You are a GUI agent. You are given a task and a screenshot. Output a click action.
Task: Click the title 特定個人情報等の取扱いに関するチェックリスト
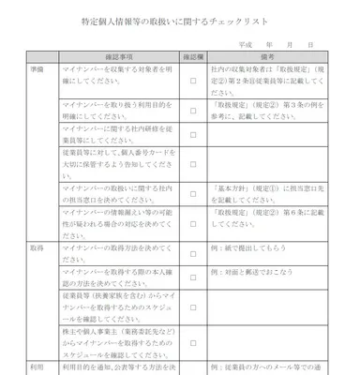[x=180, y=22]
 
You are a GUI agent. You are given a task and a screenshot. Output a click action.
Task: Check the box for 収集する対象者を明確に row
[x=193, y=82]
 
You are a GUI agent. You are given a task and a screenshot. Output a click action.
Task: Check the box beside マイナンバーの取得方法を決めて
[x=193, y=253]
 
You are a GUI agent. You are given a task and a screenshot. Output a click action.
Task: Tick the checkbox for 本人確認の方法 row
[x=193, y=280]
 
